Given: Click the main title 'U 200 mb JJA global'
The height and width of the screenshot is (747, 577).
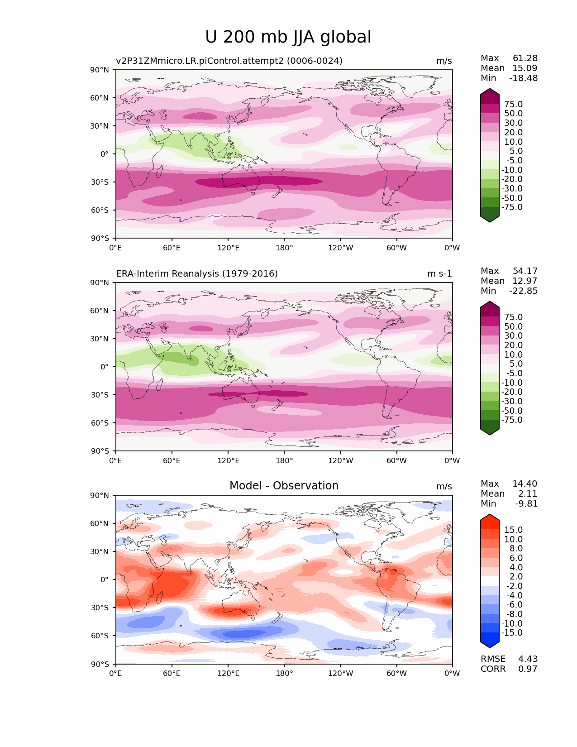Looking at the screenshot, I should tap(288, 37).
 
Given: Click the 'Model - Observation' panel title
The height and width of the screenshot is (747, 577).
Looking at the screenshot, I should tap(284, 486).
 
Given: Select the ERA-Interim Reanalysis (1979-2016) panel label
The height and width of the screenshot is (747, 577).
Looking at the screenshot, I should tap(197, 273).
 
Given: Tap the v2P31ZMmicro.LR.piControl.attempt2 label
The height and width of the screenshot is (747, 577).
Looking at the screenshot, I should tap(229, 61).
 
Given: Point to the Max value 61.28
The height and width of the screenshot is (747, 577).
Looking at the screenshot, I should tap(525, 58).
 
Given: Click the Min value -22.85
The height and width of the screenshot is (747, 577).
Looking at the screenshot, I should tap(523, 291).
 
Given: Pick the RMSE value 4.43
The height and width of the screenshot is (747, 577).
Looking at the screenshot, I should tap(528, 659).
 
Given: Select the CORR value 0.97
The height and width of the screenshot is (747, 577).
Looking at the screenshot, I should tap(528, 669).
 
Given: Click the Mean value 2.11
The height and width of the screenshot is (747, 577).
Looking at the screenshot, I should tap(528, 493).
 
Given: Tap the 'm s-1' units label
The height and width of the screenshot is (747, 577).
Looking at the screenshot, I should tap(439, 273).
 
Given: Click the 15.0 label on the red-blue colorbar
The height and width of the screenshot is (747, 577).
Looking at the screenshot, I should tap(513, 530).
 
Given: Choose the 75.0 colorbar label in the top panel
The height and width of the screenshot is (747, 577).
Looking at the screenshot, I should tap(513, 104).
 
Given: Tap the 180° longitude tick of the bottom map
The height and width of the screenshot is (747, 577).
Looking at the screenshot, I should tap(284, 673).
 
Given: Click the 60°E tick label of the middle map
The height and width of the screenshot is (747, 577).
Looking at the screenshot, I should tap(172, 460).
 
